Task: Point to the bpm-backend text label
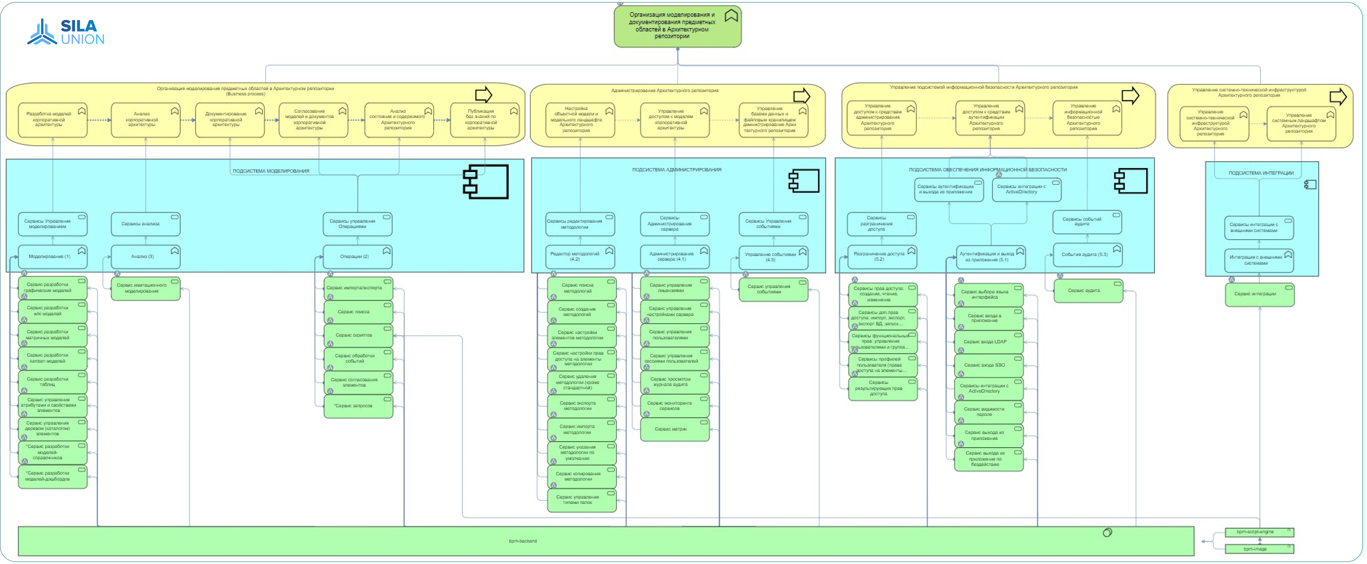(523, 541)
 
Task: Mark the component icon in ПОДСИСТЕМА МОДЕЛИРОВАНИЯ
(486, 182)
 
